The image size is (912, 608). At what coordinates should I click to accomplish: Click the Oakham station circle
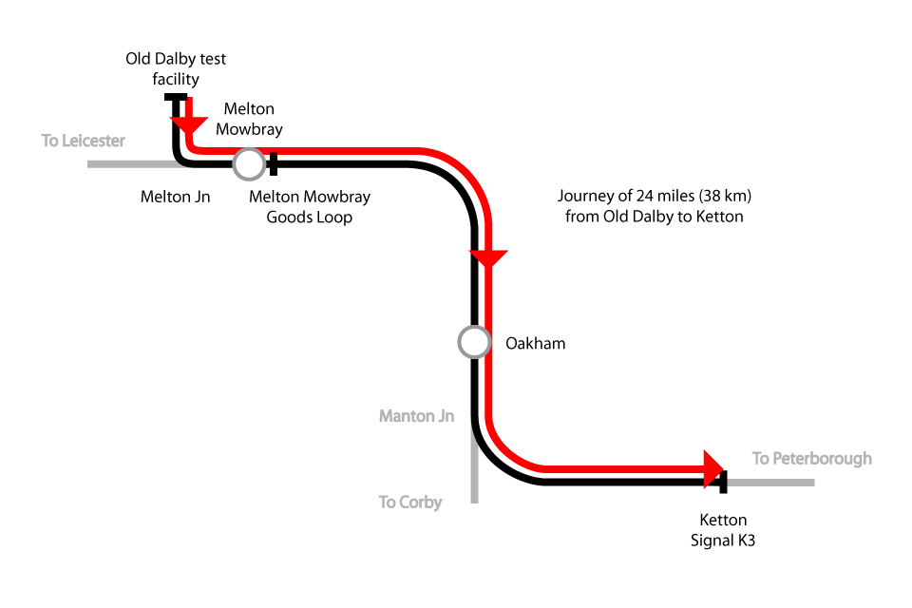474,341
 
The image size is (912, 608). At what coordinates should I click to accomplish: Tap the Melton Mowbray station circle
249,164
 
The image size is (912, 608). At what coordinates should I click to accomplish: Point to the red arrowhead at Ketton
712,469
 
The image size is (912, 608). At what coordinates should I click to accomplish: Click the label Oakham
535,343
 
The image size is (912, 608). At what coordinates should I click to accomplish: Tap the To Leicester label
84,141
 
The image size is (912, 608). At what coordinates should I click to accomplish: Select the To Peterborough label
811,459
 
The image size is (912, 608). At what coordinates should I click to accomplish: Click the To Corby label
410,502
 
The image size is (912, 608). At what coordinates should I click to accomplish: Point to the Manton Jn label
416,416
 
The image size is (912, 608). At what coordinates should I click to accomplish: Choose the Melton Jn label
175,198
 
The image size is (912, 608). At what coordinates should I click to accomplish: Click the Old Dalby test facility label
176,69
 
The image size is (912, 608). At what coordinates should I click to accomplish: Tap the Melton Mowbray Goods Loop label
309,207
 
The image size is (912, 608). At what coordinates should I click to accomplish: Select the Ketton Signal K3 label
723,530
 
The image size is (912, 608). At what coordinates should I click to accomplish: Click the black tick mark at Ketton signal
724,482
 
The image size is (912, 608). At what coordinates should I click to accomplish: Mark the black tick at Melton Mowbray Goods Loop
274,164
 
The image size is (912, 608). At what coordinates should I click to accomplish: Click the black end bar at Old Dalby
176,97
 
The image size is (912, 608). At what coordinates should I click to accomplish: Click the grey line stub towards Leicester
128,164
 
